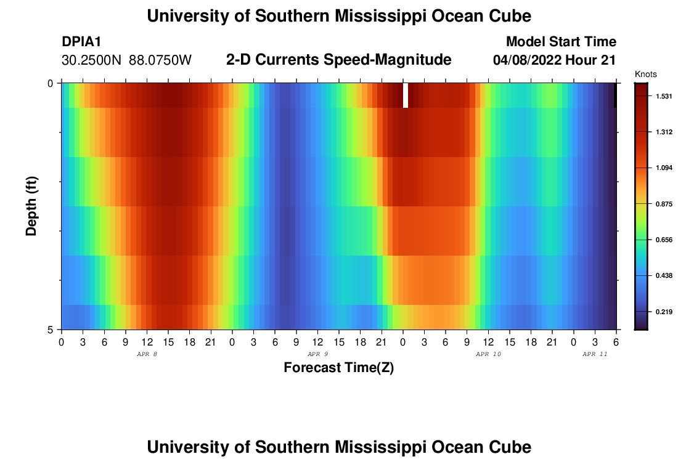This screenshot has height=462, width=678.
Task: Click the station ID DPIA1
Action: tap(81, 42)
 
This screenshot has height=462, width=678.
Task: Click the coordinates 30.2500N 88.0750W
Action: tap(127, 60)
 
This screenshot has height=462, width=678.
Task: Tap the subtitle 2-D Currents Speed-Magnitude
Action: tap(339, 60)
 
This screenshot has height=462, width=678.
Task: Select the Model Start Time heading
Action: tap(561, 42)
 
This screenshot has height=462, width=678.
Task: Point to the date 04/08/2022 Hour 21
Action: tap(555, 60)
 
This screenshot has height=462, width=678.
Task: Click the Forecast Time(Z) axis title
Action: tap(338, 368)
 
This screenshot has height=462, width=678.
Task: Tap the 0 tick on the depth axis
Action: tap(50, 83)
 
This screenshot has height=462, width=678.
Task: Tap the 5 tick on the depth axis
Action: tap(50, 330)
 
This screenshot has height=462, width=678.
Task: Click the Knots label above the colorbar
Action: tap(645, 74)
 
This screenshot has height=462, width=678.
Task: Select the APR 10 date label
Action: tap(488, 354)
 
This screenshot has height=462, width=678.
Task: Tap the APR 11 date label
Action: tap(595, 354)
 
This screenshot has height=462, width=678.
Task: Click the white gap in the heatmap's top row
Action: tap(406, 95)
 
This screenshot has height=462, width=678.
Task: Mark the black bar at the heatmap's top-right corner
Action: tap(615, 95)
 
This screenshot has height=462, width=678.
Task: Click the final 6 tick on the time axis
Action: tap(616, 341)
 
